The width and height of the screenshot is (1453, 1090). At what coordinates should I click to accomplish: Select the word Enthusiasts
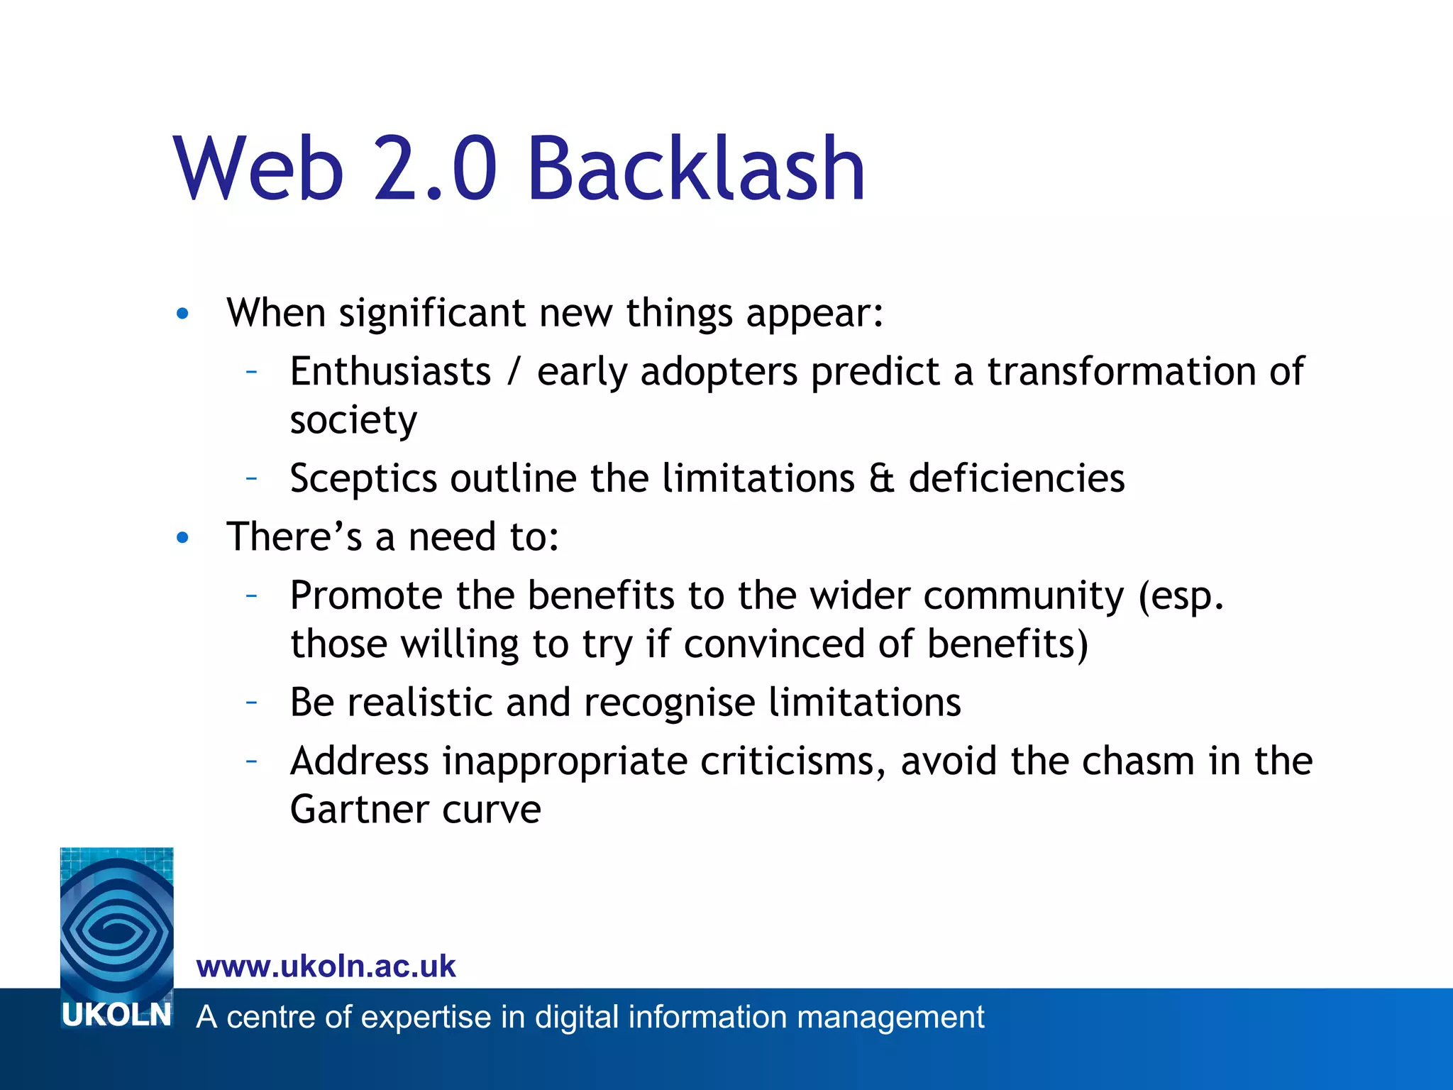[x=390, y=371]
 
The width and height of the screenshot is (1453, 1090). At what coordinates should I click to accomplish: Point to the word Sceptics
[x=363, y=478]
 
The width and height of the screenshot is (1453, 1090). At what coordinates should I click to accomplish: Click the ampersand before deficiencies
[x=881, y=478]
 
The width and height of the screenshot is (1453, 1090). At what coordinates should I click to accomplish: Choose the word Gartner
[x=360, y=809]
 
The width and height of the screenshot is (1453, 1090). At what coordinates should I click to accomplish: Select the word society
[x=353, y=420]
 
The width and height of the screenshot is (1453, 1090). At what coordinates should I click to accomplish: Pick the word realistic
[x=419, y=703]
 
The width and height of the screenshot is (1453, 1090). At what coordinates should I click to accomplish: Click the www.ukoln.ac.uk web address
[x=326, y=967]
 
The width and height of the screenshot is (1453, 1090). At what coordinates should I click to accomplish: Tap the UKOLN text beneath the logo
[x=116, y=1015]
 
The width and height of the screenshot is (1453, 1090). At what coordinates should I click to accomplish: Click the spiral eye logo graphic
[x=116, y=923]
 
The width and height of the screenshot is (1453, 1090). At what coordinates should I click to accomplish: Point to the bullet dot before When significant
[x=182, y=314]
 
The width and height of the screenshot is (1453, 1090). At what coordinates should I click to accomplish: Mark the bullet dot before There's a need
[x=182, y=538]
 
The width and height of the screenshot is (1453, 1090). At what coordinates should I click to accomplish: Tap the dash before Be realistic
[x=251, y=703]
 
